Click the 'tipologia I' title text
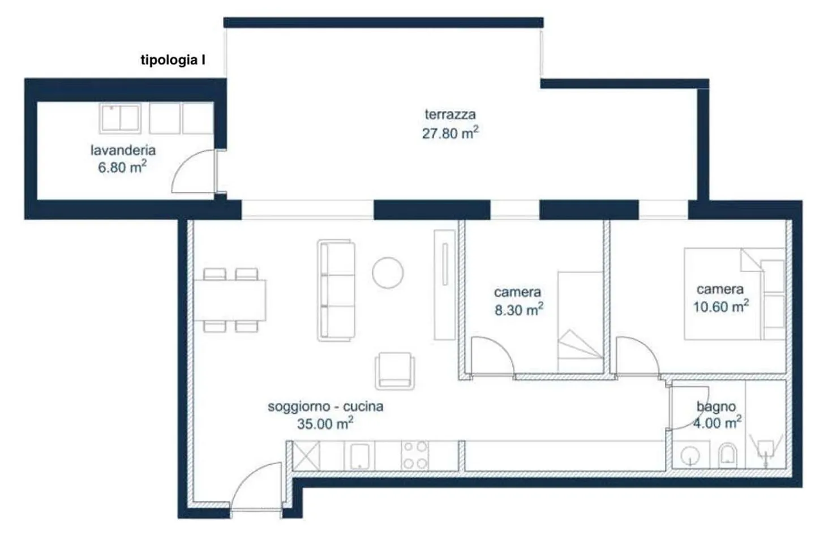tap(173, 60)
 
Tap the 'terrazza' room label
tap(450, 114)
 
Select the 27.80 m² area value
tap(450, 133)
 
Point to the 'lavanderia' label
tap(123, 150)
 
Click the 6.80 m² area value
tap(122, 167)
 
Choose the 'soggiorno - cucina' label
tap(325, 406)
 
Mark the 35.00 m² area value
tap(325, 423)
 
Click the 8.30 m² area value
tap(519, 310)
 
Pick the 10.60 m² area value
tap(721, 306)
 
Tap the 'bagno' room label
tap(716, 406)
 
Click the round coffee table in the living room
tap(388, 272)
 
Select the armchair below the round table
tap(395, 371)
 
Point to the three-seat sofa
tap(336, 290)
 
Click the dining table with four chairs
tap(230, 300)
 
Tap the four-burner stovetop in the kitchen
tap(415, 455)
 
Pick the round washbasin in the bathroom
tap(690, 455)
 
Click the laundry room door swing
tap(193, 171)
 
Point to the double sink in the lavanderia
tap(120, 118)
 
